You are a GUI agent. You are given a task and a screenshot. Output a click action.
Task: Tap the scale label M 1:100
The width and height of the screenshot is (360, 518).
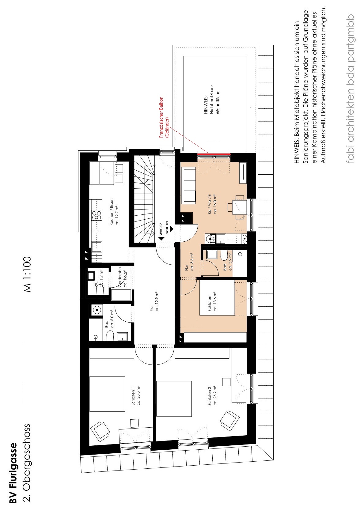(x=27, y=274)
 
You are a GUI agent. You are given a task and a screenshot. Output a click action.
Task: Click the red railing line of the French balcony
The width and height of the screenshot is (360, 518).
(x=214, y=153)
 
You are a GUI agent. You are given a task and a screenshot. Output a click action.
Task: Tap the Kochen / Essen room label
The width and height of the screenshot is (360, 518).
(x=114, y=212)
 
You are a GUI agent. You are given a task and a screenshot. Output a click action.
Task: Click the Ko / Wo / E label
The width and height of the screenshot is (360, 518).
(x=212, y=204)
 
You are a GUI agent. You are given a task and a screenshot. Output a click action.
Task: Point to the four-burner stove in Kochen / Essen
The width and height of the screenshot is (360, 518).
(x=97, y=215)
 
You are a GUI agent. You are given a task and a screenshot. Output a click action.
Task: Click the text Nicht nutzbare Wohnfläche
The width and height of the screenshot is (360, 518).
(x=212, y=100)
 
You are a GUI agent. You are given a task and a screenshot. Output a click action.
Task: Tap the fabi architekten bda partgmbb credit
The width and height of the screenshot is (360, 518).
(x=350, y=89)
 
